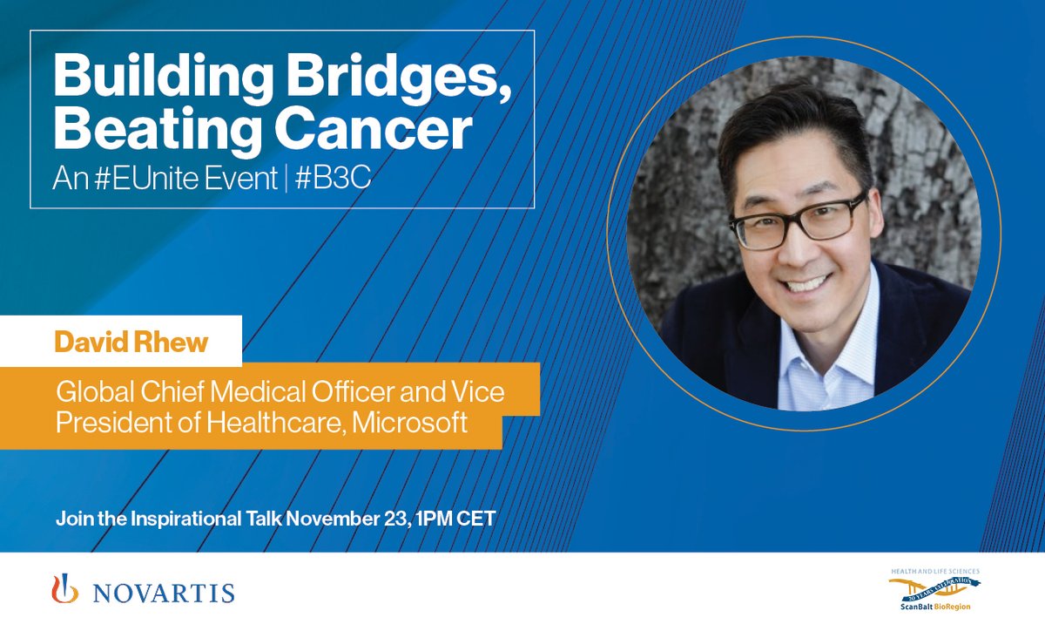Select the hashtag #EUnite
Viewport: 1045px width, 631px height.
tap(145, 179)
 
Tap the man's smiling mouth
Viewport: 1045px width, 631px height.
tap(808, 283)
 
